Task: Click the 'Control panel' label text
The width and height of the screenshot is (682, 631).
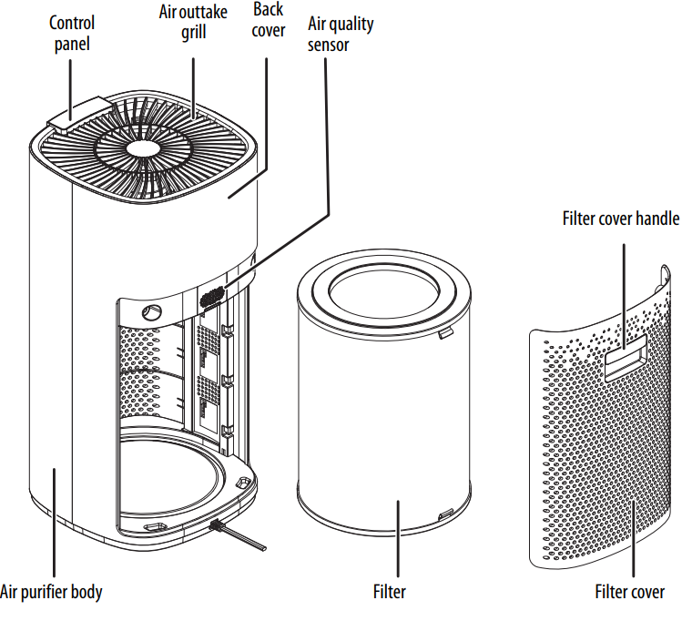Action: (71, 32)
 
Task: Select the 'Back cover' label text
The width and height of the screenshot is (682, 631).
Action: (268, 20)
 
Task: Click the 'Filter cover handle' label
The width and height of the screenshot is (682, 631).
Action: (620, 219)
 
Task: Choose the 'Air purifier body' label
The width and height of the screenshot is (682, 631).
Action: (52, 592)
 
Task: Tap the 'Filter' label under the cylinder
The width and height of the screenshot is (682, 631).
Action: (389, 592)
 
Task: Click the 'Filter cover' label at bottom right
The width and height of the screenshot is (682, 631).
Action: (629, 592)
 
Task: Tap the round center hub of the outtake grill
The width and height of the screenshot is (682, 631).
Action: (143, 149)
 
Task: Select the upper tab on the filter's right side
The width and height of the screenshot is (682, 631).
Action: (444, 335)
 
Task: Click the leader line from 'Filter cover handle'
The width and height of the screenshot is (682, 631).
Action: (623, 291)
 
